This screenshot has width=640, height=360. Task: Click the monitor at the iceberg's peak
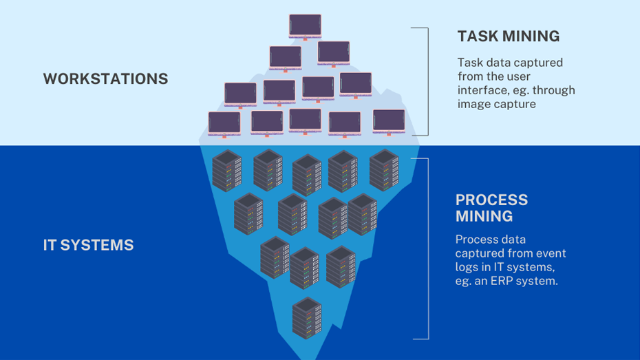click(x=305, y=26)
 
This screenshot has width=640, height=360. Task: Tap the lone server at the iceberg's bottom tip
click(x=307, y=317)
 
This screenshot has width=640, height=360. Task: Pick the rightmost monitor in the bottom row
click(x=389, y=120)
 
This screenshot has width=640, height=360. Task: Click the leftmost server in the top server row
click(x=227, y=170)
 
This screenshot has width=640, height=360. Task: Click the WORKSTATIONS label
click(x=105, y=78)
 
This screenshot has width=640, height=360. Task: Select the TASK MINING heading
click(x=508, y=36)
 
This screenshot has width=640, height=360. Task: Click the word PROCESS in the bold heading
click(x=491, y=200)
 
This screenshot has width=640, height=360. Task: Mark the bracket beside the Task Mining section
click(x=427, y=81)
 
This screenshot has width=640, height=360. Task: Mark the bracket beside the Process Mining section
click(x=427, y=248)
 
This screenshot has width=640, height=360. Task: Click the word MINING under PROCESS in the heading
click(x=484, y=216)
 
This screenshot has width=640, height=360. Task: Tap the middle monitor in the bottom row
click(x=305, y=120)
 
